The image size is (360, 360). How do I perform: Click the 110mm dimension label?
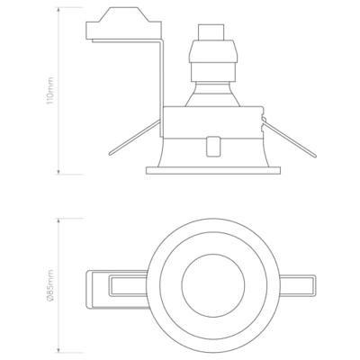pyautogui.click(x=50, y=90)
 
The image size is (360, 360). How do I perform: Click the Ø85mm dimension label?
pyautogui.click(x=50, y=285)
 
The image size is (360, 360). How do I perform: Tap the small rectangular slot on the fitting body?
pyautogui.click(x=212, y=147)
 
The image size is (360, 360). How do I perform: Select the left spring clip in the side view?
pyautogui.click(x=134, y=137)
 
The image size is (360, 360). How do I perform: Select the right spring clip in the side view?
pyautogui.click(x=289, y=138)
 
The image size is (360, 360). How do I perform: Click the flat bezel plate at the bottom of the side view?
pyautogui.click(x=213, y=170)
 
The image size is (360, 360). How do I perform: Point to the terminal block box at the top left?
pyautogui.click(x=123, y=23)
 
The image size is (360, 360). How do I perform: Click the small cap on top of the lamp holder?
pyautogui.click(x=211, y=32)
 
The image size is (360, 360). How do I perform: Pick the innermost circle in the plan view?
pyautogui.click(x=213, y=285)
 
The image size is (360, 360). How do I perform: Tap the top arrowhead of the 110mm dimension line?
pyautogui.click(x=58, y=9)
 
